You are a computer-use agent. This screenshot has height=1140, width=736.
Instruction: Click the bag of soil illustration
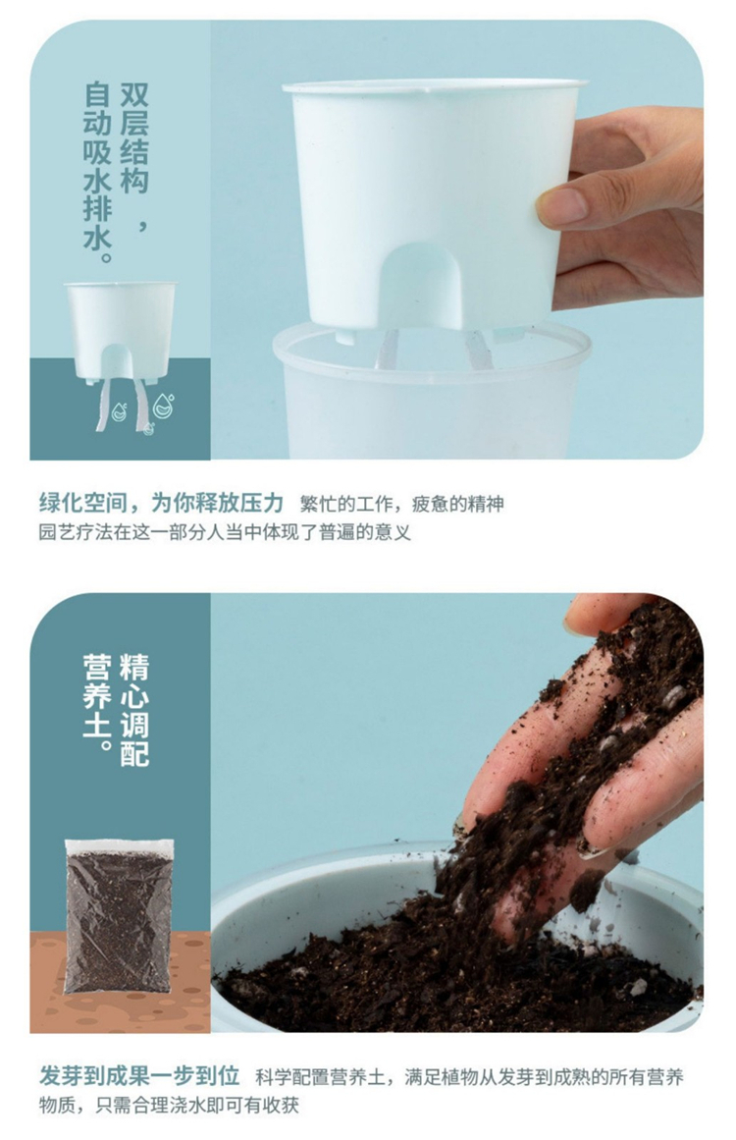coord(119,916)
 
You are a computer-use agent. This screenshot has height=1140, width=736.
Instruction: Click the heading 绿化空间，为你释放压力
coord(161,503)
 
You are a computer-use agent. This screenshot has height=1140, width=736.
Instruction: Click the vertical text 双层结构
coord(133,138)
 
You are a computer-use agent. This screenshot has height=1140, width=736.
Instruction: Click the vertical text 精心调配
coord(133,710)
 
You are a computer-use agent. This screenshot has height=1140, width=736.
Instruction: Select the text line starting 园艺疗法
coord(225,532)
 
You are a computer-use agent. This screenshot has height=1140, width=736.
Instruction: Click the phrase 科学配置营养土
coord(321,1076)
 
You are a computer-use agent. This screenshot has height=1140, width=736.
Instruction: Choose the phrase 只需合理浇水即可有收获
coord(197,1106)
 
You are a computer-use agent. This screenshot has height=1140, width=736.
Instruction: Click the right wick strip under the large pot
coord(478,350)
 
